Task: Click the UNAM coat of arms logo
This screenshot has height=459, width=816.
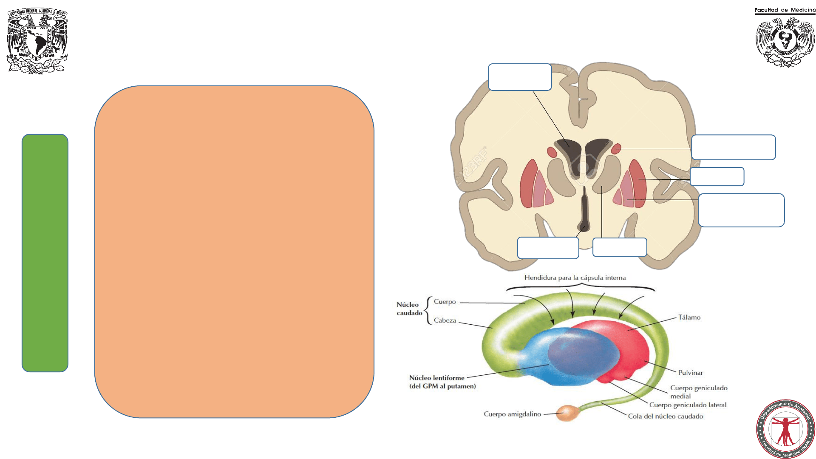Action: click(x=37, y=41)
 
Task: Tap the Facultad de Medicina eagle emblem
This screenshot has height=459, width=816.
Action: click(x=785, y=42)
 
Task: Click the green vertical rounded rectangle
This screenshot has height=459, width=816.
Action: click(x=45, y=253)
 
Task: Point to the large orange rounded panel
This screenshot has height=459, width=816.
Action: click(x=234, y=252)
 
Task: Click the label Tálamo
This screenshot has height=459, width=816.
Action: click(x=689, y=317)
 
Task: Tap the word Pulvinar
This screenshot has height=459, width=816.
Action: click(x=690, y=373)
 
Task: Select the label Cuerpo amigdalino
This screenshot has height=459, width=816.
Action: click(x=512, y=414)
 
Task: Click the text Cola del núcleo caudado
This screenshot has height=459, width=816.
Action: click(x=666, y=416)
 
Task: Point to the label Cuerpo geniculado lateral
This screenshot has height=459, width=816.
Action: click(x=688, y=405)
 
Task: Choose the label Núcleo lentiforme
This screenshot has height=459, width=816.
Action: click(x=437, y=378)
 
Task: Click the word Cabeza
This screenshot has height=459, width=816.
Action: click(x=445, y=320)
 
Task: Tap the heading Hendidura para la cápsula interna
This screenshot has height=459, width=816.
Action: click(x=575, y=278)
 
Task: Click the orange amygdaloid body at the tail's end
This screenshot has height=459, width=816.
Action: click(x=566, y=413)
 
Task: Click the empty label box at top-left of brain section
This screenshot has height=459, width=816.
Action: click(x=520, y=77)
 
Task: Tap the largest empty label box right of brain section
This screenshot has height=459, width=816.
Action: click(x=741, y=210)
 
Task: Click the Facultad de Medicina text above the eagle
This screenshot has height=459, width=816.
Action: click(x=785, y=10)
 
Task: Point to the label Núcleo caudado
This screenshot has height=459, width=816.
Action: click(x=409, y=309)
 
